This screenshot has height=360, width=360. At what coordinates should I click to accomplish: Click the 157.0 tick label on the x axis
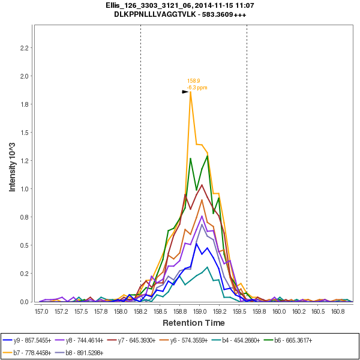point(41,312)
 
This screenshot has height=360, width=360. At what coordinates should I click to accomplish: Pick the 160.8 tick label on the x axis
point(338,312)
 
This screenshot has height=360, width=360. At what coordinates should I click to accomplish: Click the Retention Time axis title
point(194,323)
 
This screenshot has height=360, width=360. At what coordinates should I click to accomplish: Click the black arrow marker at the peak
point(185,92)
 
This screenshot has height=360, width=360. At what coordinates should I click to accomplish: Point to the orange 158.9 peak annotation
point(194,80)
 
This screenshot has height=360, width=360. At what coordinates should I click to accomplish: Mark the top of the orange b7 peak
point(191,92)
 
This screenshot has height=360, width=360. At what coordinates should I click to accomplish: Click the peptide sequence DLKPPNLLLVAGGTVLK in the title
point(152,14)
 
